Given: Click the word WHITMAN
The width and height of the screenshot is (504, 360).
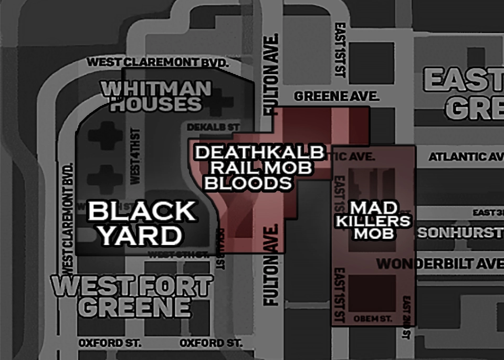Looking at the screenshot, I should pyautogui.click(x=156, y=88).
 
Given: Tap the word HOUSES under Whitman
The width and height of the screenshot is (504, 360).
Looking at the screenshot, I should pyautogui.click(x=156, y=103).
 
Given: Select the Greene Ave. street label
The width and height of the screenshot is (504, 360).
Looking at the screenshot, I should pyautogui.click(x=337, y=97).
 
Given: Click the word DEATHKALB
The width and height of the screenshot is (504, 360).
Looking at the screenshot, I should pyautogui.click(x=259, y=153).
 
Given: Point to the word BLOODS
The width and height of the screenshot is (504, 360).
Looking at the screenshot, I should pyautogui.click(x=248, y=183).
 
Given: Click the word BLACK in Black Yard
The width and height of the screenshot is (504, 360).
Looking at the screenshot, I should pyautogui.click(x=142, y=211).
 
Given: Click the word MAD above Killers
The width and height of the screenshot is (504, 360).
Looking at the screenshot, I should pyautogui.click(x=373, y=208).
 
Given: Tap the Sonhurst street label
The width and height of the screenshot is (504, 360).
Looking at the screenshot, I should pyautogui.click(x=460, y=233).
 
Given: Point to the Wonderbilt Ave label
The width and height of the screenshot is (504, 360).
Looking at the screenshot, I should pyautogui.click(x=440, y=263).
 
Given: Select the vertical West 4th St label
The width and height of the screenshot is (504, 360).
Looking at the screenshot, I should pyautogui.click(x=135, y=156).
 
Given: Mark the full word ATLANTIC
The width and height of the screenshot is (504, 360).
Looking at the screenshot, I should pyautogui.click(x=457, y=157).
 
